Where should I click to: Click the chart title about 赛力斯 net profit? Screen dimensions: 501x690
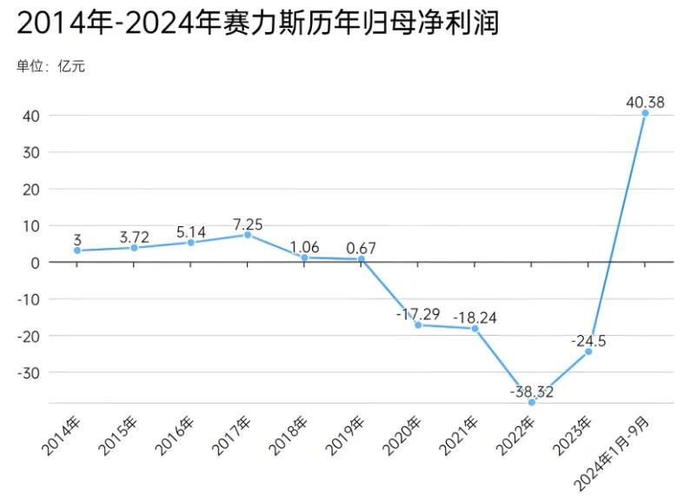click(257, 23)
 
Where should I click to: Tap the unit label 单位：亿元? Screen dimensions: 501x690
click(50, 65)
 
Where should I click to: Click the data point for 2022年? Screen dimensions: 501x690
click(532, 402)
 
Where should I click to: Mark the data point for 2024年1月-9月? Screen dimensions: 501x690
click(645, 113)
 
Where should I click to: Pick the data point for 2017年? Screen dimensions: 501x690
click(248, 235)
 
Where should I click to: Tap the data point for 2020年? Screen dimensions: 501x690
click(418, 324)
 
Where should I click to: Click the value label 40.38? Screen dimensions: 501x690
click(645, 102)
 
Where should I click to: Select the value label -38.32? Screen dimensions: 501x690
click(532, 391)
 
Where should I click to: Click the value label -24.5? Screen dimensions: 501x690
click(588, 341)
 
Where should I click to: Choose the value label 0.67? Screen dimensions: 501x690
click(361, 248)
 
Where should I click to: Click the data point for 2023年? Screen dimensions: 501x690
click(588, 351)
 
